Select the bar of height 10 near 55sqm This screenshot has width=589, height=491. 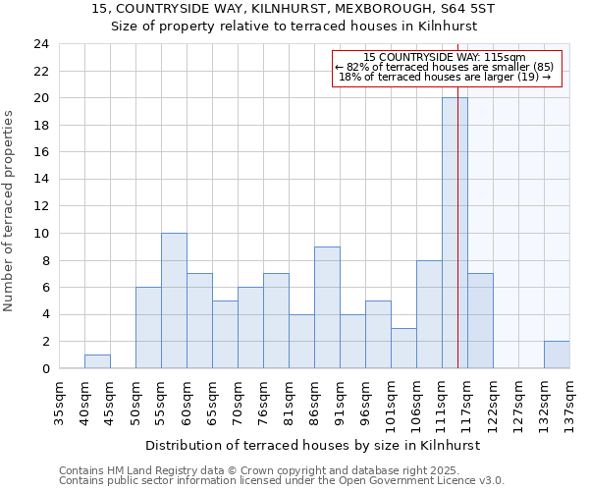pyautogui.click(x=174, y=300)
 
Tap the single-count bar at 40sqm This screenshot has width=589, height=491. pyautogui.click(x=97, y=361)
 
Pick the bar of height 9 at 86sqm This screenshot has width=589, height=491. pyautogui.click(x=327, y=307)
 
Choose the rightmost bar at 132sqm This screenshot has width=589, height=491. pyautogui.click(x=557, y=355)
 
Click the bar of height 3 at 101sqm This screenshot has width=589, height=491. pyautogui.click(x=403, y=348)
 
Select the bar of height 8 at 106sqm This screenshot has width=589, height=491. pyautogui.click(x=429, y=314)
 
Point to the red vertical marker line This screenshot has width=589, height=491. pyautogui.click(x=458, y=196)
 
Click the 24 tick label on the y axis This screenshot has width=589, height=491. pyautogui.click(x=40, y=44)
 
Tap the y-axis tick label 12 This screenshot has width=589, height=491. pyautogui.click(x=40, y=206)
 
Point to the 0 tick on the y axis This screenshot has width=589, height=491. pyautogui.click(x=44, y=368)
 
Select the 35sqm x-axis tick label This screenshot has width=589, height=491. pyautogui.click(x=59, y=404)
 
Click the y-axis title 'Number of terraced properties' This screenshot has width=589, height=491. pyautogui.click(x=10, y=211)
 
